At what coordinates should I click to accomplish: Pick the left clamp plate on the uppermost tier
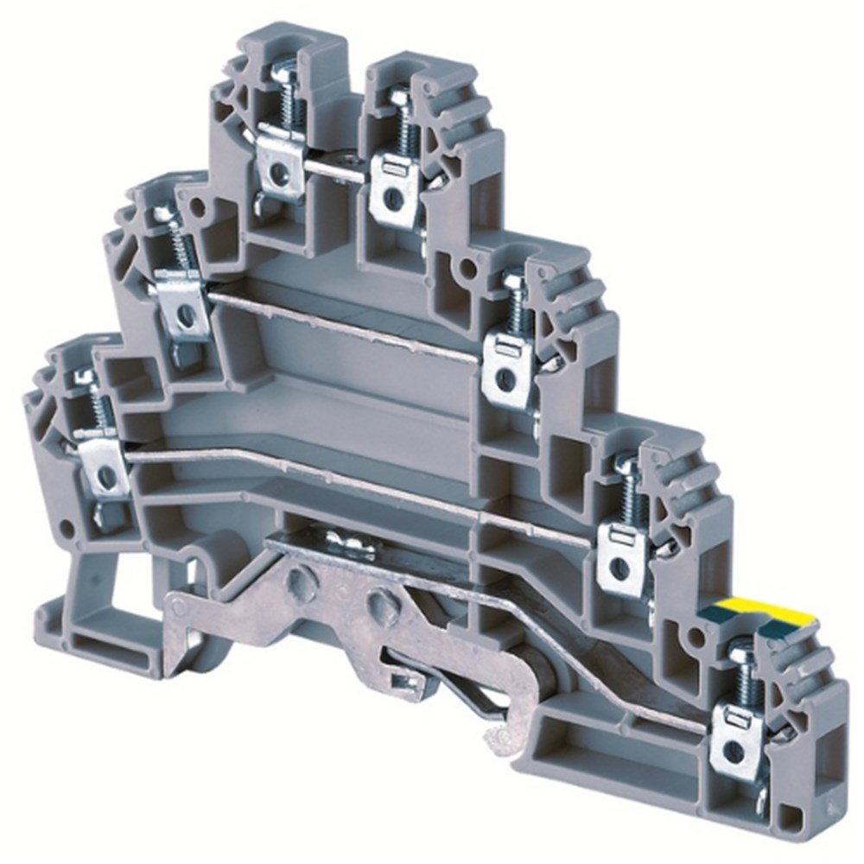pos(278,164)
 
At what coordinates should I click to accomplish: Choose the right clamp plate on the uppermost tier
pos(391,190)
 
